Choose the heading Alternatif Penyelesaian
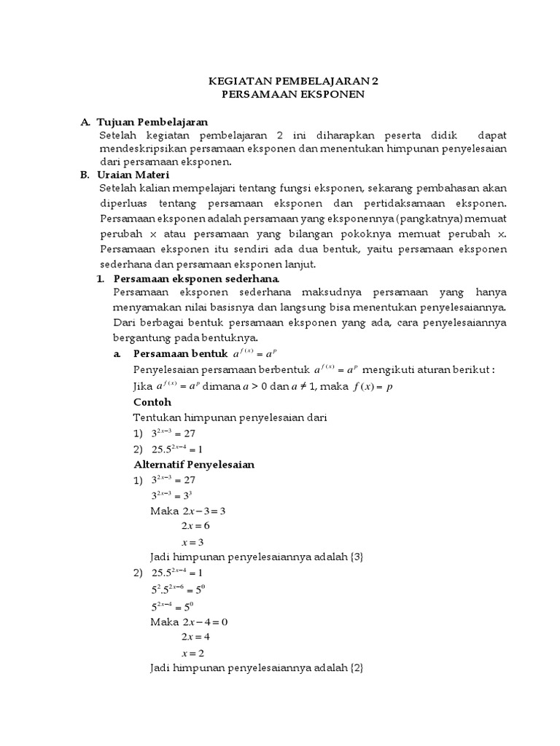(194, 464)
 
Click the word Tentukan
(156, 417)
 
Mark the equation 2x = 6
(197, 525)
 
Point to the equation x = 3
(193, 541)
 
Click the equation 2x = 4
(197, 637)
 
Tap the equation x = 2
(193, 653)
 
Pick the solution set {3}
(356, 557)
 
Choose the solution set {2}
(356, 668)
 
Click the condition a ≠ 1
(299, 386)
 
